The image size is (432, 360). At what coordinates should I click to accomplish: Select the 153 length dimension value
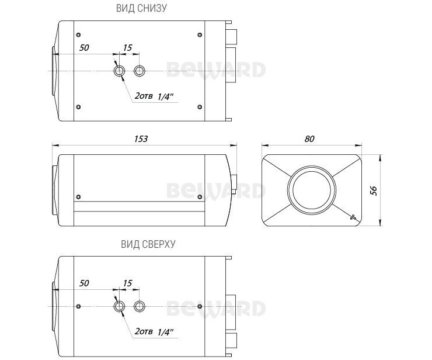(x=141, y=139)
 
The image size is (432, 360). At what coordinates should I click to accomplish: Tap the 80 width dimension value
(x=309, y=139)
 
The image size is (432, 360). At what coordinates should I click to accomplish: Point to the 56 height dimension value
(x=374, y=190)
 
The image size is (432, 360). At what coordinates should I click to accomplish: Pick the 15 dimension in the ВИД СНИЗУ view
(x=128, y=47)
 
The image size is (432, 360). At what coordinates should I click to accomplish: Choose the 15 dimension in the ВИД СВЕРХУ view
(x=128, y=283)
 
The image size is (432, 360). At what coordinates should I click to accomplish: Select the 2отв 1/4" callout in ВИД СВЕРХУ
(x=155, y=331)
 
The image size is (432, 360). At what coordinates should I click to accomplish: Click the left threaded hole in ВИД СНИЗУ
(x=119, y=71)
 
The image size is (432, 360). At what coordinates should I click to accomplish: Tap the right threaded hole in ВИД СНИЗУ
(x=140, y=71)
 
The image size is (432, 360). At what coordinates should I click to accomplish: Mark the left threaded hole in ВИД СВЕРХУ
(x=119, y=307)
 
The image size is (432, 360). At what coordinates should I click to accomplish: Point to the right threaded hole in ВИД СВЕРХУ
(x=140, y=307)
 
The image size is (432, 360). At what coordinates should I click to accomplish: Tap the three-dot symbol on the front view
(x=353, y=217)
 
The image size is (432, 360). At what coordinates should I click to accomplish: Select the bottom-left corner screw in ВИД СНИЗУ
(x=79, y=106)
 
